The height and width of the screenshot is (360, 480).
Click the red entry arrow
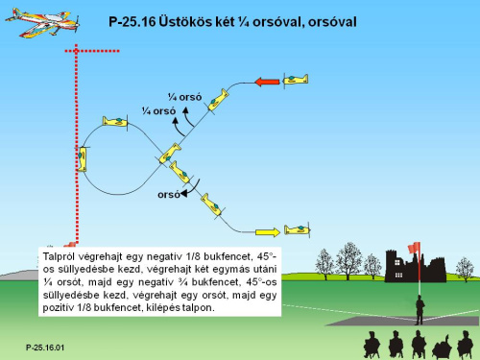267,82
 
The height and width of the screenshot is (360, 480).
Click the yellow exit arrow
268,232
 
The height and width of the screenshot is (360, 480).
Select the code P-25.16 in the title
132,22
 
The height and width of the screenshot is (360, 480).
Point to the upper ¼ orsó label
185,97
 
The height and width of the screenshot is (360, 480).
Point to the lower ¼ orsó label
159,111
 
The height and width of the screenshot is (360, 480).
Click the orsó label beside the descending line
169,195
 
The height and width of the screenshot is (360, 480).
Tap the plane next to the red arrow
296,79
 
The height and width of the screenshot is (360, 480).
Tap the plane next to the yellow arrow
298,229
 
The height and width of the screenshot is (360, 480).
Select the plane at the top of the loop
115,122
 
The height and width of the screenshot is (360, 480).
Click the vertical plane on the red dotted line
83,159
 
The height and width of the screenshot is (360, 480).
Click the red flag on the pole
414,248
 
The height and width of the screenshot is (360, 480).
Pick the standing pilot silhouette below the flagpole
420,310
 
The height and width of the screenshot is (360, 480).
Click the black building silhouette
415,266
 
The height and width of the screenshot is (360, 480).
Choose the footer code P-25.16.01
45,348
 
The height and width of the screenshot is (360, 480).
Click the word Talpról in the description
60,257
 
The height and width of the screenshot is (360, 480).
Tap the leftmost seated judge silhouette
372,345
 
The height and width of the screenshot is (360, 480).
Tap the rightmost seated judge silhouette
465,345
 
